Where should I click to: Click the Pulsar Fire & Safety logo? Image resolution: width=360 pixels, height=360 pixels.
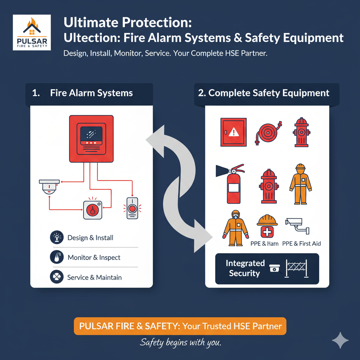coord(32,33)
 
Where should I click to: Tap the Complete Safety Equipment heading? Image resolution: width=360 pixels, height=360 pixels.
coord(269,93)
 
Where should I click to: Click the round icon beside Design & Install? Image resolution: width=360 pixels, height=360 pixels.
coord(57,238)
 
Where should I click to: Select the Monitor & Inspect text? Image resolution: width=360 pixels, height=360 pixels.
coord(94,258)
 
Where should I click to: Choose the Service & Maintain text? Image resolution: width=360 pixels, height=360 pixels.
coord(94,277)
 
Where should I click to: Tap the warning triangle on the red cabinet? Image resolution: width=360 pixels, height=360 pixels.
coord(233,132)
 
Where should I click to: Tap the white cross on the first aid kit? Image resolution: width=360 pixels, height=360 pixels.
coord(268,232)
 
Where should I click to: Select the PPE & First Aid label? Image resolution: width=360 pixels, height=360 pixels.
coord(301,244)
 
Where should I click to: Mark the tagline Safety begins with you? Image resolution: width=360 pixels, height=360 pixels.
coord(180,342)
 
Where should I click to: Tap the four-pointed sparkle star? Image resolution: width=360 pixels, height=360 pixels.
coord(340,340)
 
